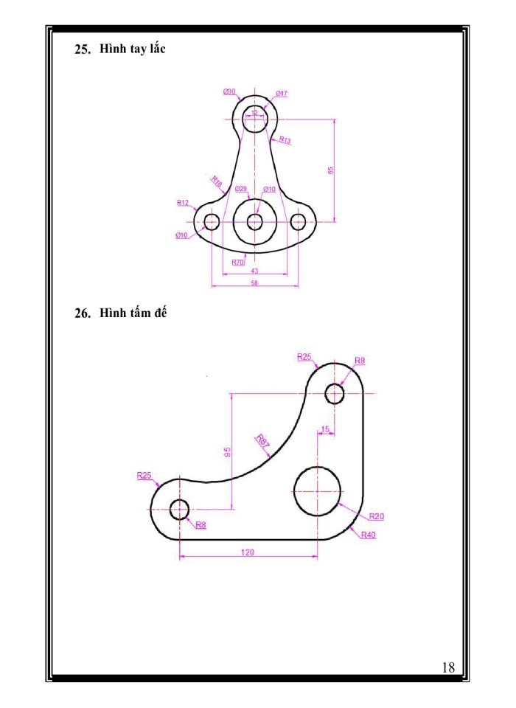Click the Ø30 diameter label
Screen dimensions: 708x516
[229, 91]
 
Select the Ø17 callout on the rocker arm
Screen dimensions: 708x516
[282, 94]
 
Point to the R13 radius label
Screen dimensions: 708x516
[285, 140]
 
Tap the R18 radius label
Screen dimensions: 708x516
[217, 181]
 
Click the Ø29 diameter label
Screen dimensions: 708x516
[241, 190]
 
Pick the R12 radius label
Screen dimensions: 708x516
[183, 202]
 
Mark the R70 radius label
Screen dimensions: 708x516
[237, 262]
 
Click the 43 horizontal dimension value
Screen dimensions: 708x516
[254, 271]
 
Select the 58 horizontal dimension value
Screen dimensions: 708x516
[254, 282]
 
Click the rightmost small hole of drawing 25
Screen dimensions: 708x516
[299, 221]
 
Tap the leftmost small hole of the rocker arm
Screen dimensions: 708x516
[212, 221]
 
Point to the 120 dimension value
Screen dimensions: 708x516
[248, 551]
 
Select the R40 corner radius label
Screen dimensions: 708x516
[369, 535]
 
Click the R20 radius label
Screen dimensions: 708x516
[376, 516]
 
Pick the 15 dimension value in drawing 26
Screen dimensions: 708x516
[325, 429]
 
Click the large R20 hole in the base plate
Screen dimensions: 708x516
[318, 491]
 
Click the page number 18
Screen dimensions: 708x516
[447, 667]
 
